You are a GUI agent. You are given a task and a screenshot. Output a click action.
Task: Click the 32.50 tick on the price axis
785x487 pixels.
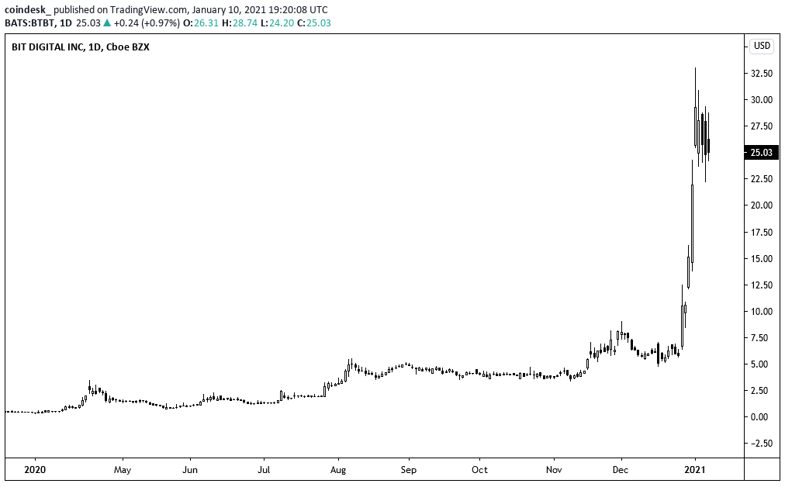click(x=761, y=73)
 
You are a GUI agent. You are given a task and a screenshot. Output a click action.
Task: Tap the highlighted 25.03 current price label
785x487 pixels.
click(x=761, y=153)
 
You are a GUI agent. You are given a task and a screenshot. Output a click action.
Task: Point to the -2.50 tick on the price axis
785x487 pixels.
click(x=761, y=444)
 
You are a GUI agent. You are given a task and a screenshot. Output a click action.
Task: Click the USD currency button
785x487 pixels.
click(x=762, y=46)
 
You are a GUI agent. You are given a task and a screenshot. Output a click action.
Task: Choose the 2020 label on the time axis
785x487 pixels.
click(x=35, y=469)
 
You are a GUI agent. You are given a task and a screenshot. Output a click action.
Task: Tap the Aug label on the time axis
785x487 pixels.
click(x=337, y=469)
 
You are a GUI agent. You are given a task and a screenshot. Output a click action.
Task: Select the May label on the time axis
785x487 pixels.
click(x=122, y=469)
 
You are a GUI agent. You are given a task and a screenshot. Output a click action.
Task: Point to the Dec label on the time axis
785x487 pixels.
click(x=621, y=469)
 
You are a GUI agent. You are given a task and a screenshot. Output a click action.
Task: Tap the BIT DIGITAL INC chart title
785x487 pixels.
click(x=47, y=47)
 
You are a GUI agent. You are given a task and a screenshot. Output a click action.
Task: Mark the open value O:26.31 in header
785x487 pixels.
click(x=197, y=22)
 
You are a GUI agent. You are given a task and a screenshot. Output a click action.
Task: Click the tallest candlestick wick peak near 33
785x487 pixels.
click(x=695, y=68)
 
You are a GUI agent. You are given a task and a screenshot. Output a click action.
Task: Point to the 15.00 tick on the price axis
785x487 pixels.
click(x=761, y=258)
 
